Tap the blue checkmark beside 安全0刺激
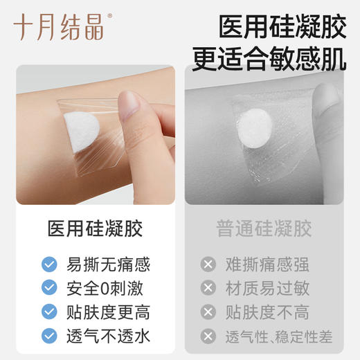[x=49, y=288]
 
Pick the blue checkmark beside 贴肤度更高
[x=49, y=312]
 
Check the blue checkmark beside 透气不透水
[x=49, y=336]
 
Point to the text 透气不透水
[x=108, y=336]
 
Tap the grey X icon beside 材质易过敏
[x=207, y=288]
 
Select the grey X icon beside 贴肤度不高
[x=207, y=312]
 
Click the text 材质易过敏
[x=266, y=288]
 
